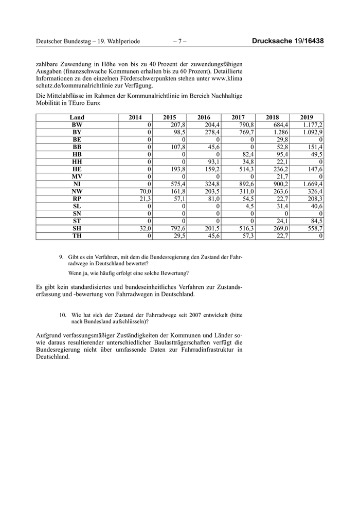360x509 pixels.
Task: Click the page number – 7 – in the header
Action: coord(180,41)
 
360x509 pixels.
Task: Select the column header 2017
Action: coord(238,118)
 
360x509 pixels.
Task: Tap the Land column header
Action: coord(77,118)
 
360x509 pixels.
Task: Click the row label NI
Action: coord(77,184)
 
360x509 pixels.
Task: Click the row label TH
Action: coord(77,235)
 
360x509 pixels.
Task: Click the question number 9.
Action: coord(61,256)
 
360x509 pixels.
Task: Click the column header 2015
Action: coord(170,118)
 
